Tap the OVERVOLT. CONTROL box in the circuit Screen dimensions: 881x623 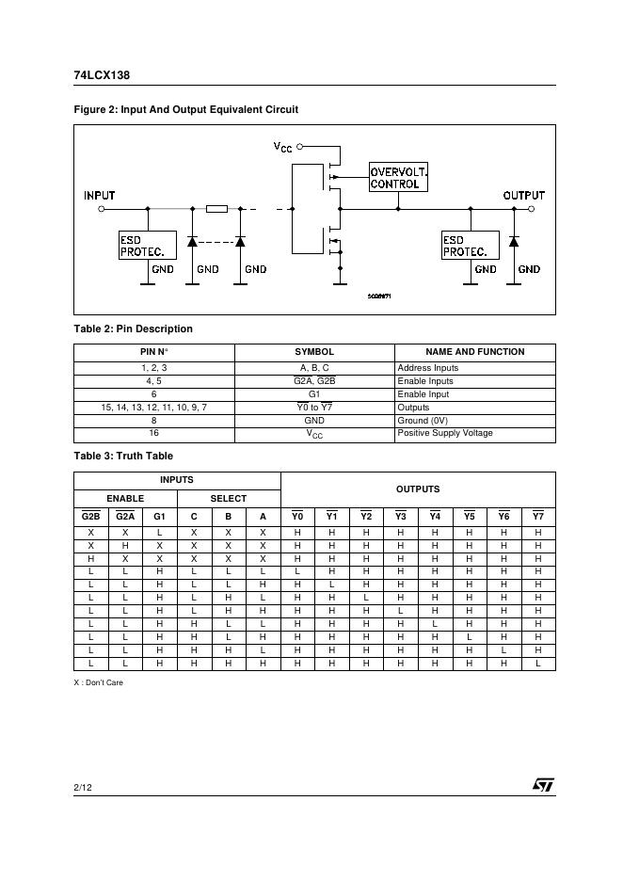click(x=398, y=177)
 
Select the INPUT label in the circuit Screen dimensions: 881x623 click(x=100, y=196)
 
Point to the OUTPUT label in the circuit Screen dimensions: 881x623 click(x=523, y=196)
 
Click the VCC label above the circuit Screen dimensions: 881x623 click(x=282, y=147)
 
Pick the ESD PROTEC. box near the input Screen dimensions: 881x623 click(x=147, y=246)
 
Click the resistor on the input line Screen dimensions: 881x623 click(x=216, y=208)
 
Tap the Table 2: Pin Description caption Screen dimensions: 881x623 click(x=134, y=328)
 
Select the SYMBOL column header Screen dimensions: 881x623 click(x=314, y=352)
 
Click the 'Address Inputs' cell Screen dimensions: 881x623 click(x=428, y=368)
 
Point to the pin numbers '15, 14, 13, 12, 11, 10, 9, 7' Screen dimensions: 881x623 click(x=153, y=408)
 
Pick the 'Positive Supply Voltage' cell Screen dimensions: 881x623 click(x=444, y=433)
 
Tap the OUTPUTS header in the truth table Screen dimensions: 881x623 click(x=417, y=489)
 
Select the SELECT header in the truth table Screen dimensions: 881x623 click(x=228, y=498)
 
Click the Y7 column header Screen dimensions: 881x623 click(x=537, y=516)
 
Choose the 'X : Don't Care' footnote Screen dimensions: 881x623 click(x=99, y=682)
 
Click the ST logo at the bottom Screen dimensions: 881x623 click(x=543, y=785)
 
